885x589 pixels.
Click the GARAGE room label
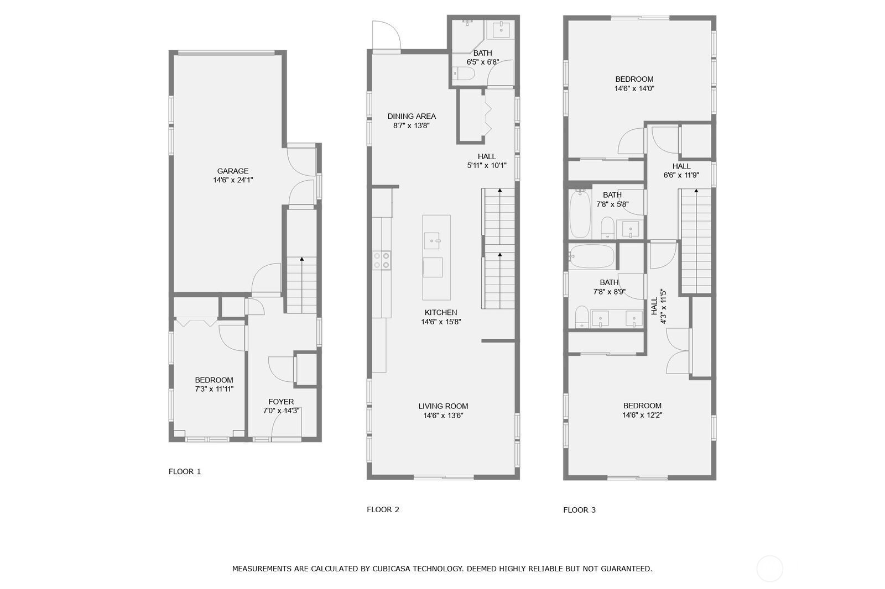233,171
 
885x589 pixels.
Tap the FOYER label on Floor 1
281,402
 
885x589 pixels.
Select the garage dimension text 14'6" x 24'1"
233,180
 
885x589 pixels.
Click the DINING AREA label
412,117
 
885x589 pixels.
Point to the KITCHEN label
440,312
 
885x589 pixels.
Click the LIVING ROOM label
443,406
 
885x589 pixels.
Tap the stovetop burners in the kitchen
382,261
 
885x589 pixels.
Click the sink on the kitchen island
432,241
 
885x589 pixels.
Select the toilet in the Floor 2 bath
464,73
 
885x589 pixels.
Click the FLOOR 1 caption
185,471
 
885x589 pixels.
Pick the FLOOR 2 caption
383,509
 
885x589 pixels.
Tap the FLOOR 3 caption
579,510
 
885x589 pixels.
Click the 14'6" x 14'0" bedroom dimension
634,88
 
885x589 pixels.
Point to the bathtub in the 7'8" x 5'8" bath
580,214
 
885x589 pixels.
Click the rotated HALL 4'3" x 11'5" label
659,306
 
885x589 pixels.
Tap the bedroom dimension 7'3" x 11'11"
214,389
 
